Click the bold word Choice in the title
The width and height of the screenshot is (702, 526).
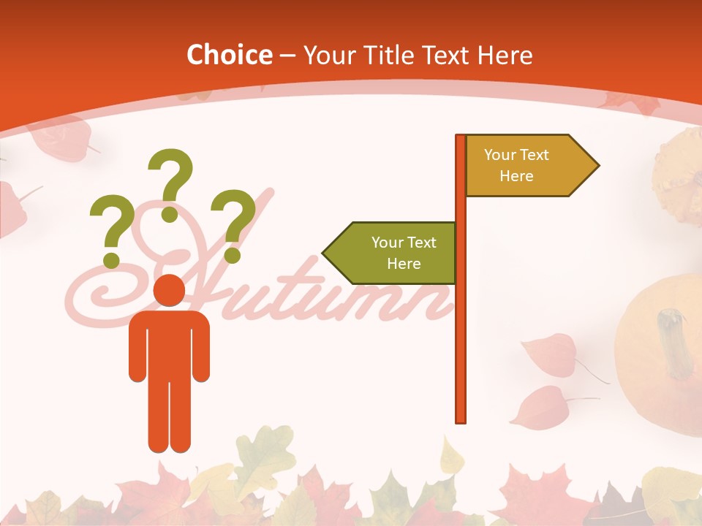click(x=229, y=55)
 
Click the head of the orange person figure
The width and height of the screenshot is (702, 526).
click(x=169, y=290)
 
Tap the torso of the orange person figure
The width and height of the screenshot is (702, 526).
click(x=169, y=343)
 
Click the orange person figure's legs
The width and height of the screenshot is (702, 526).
click(x=169, y=416)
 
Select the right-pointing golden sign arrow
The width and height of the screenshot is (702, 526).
click(x=530, y=166)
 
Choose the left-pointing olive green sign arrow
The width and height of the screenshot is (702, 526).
click(x=391, y=253)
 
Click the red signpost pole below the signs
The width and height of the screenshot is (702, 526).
click(x=461, y=351)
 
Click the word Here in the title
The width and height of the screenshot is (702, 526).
click(x=505, y=55)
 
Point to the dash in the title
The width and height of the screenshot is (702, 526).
click(x=287, y=56)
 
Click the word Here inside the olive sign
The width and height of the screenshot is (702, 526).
click(x=404, y=264)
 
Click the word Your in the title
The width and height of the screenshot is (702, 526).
click(x=328, y=55)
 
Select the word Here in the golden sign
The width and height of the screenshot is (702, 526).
click(x=516, y=176)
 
